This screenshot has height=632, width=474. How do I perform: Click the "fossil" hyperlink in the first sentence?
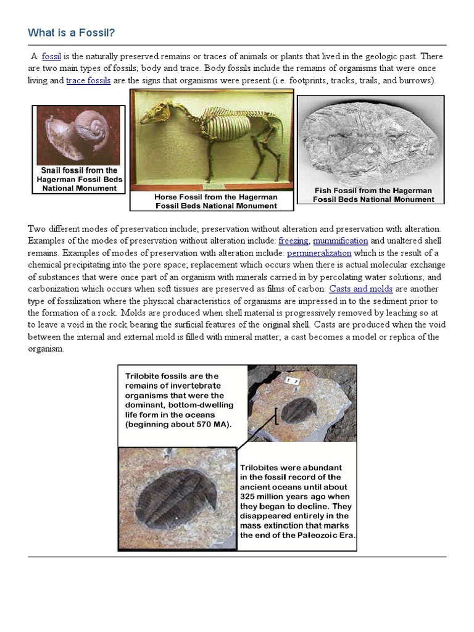[x=51, y=57]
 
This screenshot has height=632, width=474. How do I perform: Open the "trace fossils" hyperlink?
[x=88, y=81]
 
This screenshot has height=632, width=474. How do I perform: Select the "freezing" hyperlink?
[x=293, y=241]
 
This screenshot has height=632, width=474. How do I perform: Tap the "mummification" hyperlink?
[x=340, y=241]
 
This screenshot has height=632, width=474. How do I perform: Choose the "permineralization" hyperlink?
[x=319, y=253]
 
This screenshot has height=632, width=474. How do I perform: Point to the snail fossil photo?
[x=78, y=135]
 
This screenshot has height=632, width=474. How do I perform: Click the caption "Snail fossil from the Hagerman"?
[x=78, y=170]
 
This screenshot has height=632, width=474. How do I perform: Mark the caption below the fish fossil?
[x=373, y=195]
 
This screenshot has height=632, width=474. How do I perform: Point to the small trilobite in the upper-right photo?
[x=300, y=410]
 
